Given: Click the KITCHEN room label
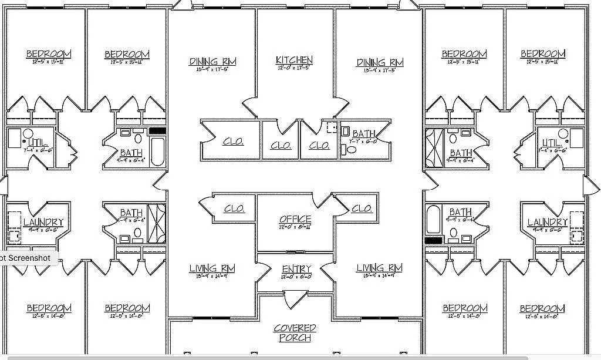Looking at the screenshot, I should pyautogui.click(x=294, y=60).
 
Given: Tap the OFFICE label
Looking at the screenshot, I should pyautogui.click(x=295, y=219).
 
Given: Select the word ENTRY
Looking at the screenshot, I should pyautogui.click(x=296, y=269).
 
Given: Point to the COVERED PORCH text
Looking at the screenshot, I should pyautogui.click(x=295, y=333).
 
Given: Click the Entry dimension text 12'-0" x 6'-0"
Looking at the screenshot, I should pyautogui.click(x=296, y=277).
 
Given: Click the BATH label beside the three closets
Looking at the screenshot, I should pyautogui.click(x=363, y=134).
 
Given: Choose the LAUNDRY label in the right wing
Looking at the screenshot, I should pyautogui.click(x=547, y=222).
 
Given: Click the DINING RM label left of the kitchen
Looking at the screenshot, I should pyautogui.click(x=212, y=61).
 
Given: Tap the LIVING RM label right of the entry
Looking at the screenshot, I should pyautogui.click(x=379, y=268).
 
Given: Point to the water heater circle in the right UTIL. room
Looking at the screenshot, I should pyautogui.click(x=562, y=134).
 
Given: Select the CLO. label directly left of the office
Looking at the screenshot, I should pyautogui.click(x=234, y=208).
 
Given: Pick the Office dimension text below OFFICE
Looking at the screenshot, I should pyautogui.click(x=295, y=227).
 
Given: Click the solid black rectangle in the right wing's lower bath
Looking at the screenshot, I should pyautogui.click(x=433, y=241).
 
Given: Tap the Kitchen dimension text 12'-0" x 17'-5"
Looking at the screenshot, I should pyautogui.click(x=294, y=68).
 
